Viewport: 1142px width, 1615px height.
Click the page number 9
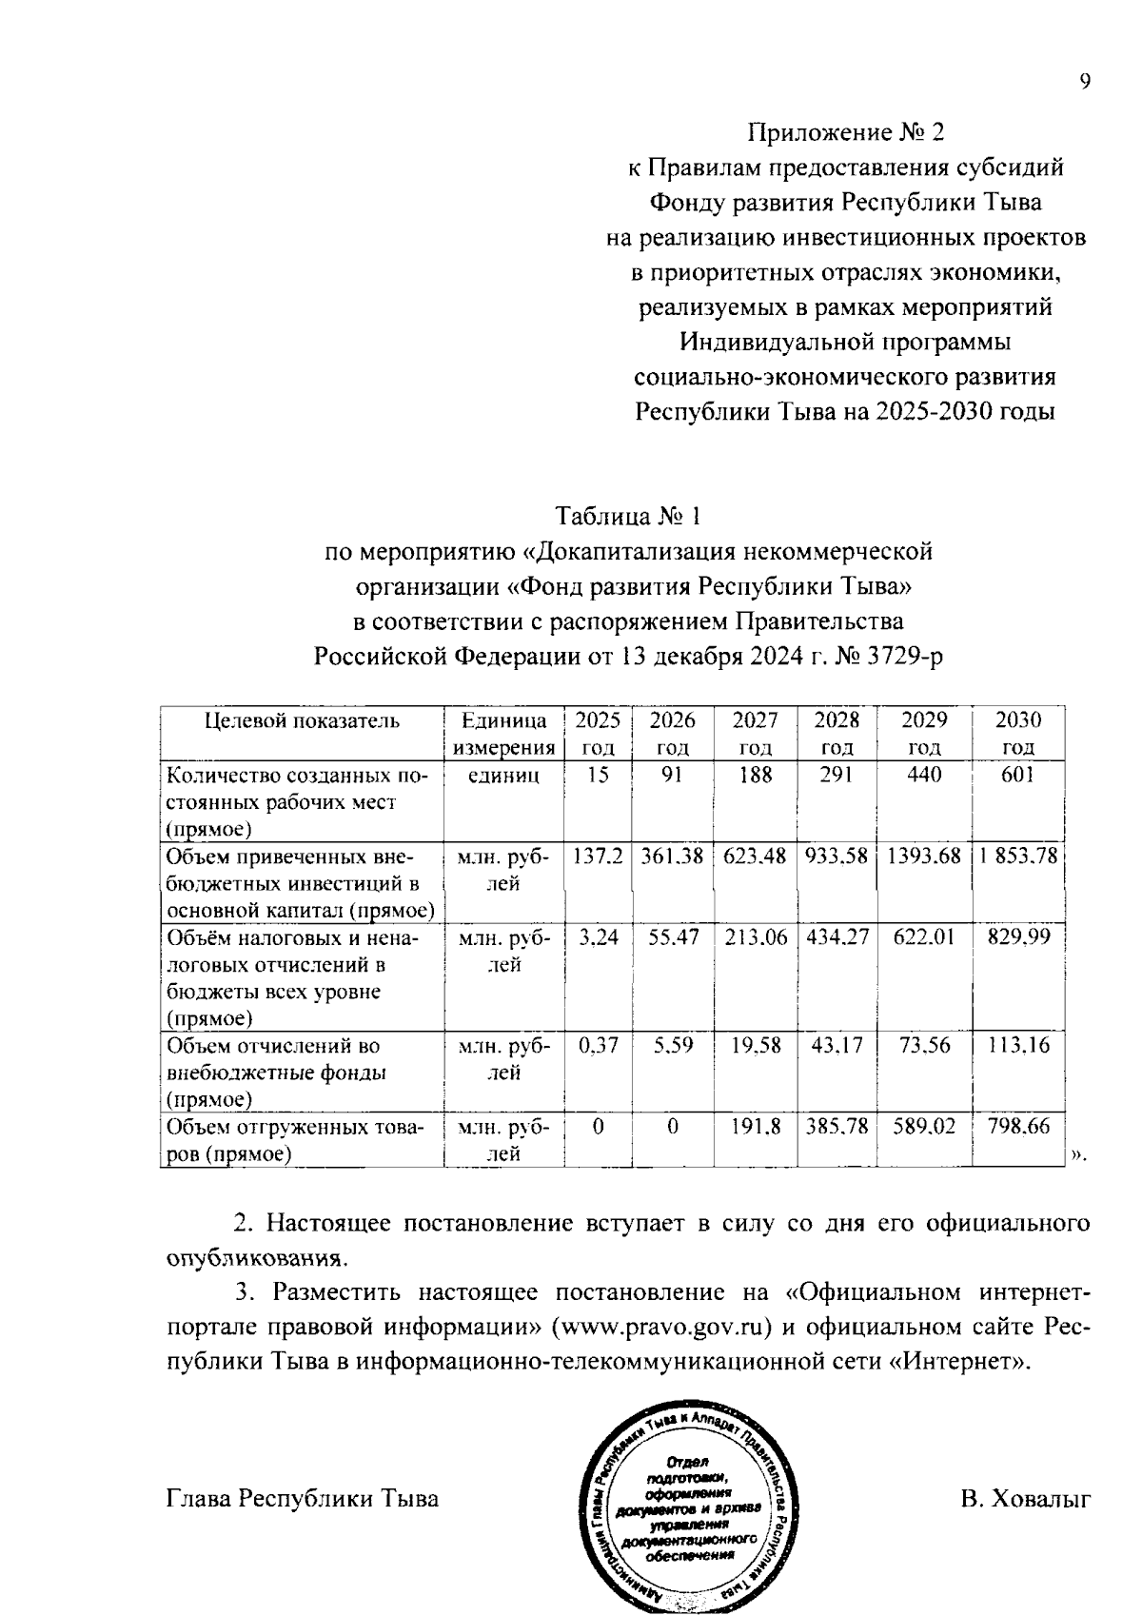(x=1084, y=82)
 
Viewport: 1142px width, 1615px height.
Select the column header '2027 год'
(x=756, y=733)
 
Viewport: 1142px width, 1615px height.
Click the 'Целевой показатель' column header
(x=303, y=720)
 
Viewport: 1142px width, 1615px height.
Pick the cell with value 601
(x=1017, y=775)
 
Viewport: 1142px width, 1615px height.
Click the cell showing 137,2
(x=598, y=857)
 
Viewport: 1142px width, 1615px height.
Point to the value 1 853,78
(x=1017, y=857)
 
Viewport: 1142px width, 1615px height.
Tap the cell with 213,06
(x=756, y=938)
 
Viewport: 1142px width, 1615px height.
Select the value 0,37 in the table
(x=598, y=1046)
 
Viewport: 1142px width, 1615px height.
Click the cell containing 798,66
(x=1017, y=1127)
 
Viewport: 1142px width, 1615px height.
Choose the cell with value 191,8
(x=756, y=1127)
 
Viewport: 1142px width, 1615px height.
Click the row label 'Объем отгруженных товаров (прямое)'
(x=295, y=1141)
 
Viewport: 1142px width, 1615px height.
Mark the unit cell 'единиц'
(x=504, y=775)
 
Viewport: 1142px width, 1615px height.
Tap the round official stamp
(x=687, y=1507)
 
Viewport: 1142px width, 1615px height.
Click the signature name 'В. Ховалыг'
(x=1025, y=1500)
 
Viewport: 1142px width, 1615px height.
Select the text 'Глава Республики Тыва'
(x=303, y=1500)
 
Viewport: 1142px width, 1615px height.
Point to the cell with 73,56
(x=924, y=1046)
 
